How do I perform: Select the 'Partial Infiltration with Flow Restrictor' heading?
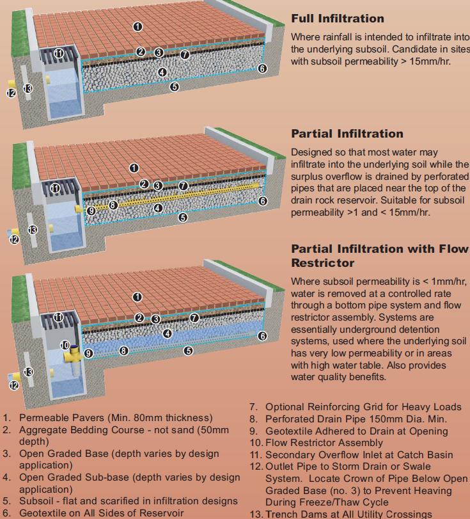pyautogui.click(x=380, y=255)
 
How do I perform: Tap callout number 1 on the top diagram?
pyautogui.click(x=137, y=26)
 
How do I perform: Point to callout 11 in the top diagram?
pyautogui.click(x=59, y=53)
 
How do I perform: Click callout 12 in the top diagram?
pyautogui.click(x=11, y=93)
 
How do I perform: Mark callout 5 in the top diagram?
pyautogui.click(x=174, y=87)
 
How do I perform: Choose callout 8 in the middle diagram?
pyautogui.click(x=113, y=205)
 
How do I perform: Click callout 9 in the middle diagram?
pyautogui.click(x=91, y=210)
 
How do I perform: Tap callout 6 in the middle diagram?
pyautogui.click(x=262, y=201)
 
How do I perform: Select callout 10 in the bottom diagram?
pyautogui.click(x=65, y=345)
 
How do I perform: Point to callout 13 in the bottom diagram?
pyautogui.click(x=28, y=372)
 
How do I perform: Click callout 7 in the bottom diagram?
pyautogui.click(x=194, y=317)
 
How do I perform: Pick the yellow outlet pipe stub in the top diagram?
pyautogui.click(x=12, y=84)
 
